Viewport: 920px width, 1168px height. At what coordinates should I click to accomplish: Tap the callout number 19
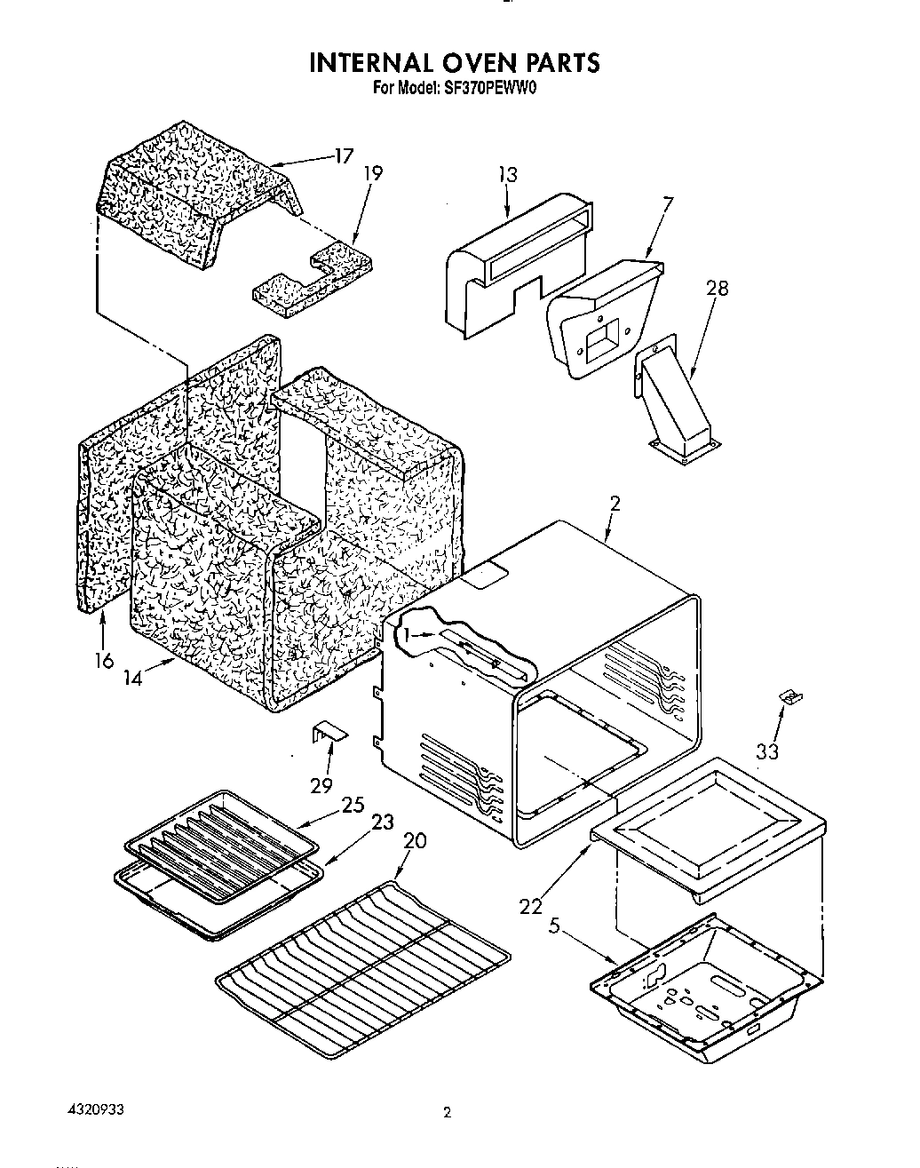point(373,173)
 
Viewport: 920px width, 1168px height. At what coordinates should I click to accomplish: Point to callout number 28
point(718,289)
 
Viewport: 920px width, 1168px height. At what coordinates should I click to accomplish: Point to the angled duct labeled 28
point(675,404)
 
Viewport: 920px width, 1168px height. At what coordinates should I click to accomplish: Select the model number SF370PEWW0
point(492,88)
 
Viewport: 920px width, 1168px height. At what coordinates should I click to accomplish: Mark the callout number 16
point(103,660)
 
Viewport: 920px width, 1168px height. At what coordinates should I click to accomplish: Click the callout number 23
point(382,822)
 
